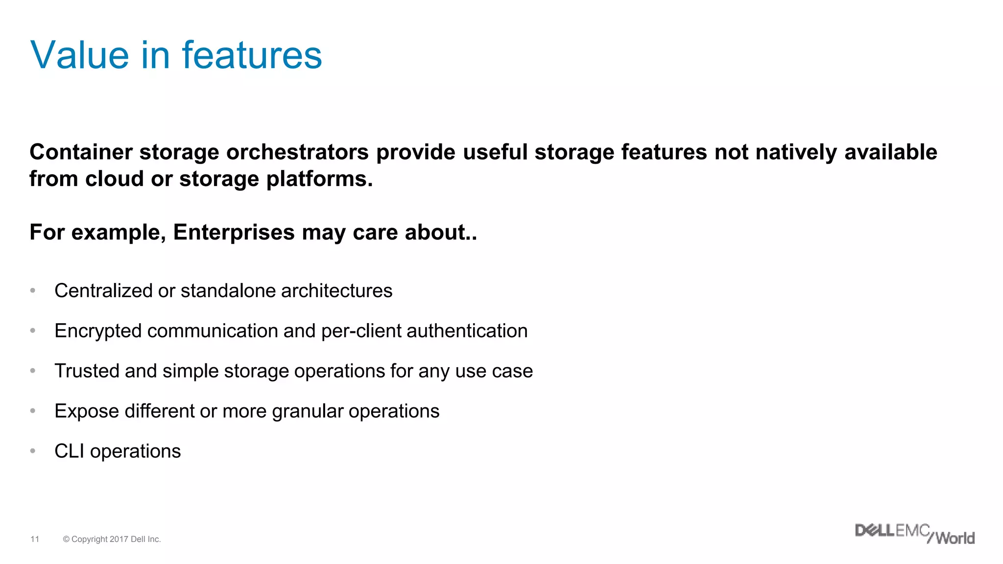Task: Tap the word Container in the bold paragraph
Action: pos(81,152)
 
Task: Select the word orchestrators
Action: pos(297,152)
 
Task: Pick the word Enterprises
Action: pos(234,232)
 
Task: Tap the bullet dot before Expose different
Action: pos(33,411)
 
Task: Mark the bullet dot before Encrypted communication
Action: pos(33,330)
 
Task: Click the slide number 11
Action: pos(35,539)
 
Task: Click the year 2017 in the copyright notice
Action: pos(119,539)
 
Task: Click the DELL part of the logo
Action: pos(875,530)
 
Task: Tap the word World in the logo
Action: pos(955,538)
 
